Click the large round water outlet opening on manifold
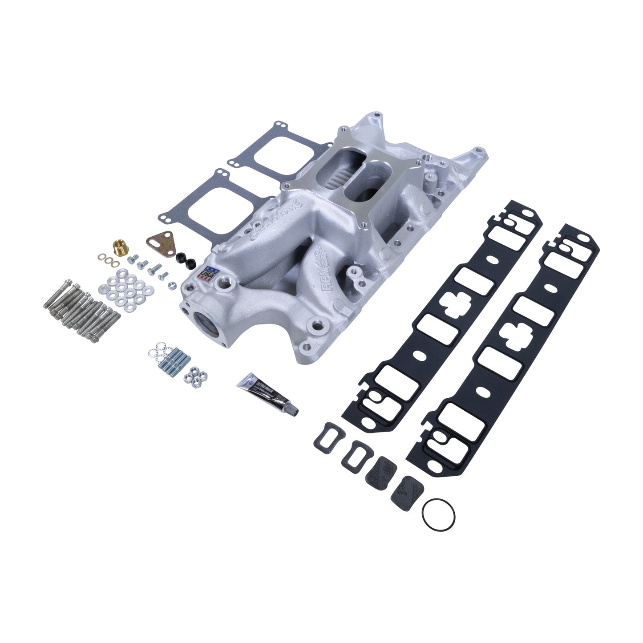click(206, 320)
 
